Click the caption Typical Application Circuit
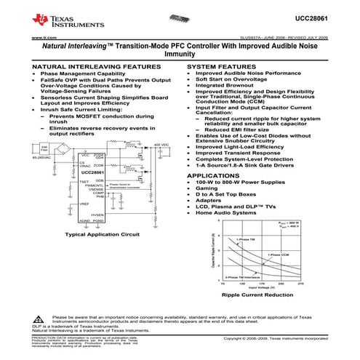[101, 235]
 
